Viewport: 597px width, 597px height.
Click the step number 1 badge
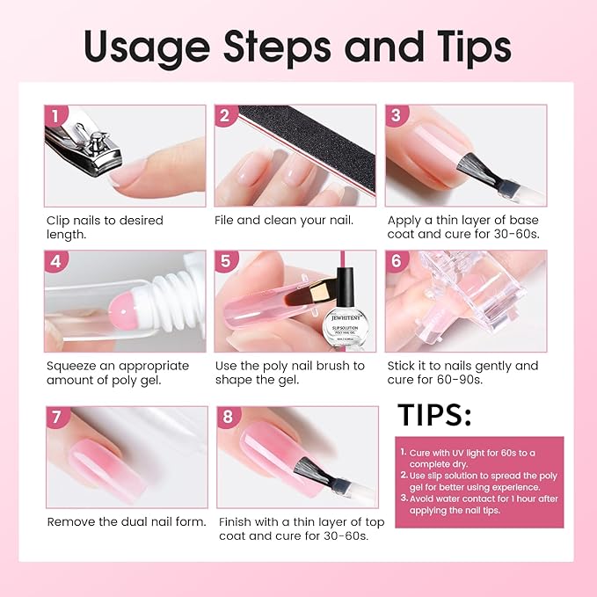[55, 116]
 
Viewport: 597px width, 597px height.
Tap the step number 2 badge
[225, 116]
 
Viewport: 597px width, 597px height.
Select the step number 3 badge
[396, 116]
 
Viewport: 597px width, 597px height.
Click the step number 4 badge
[55, 261]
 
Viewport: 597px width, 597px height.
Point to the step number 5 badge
[225, 261]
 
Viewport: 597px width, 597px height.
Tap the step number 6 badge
[396, 261]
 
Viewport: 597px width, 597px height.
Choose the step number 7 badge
[57, 418]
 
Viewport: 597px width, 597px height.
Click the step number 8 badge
[228, 418]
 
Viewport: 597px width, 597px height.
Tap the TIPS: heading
[434, 415]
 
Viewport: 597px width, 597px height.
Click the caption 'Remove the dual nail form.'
[126, 521]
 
